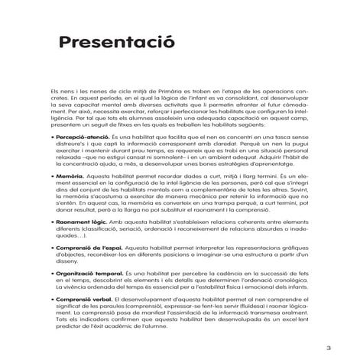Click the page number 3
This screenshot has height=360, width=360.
[x=327, y=347]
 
